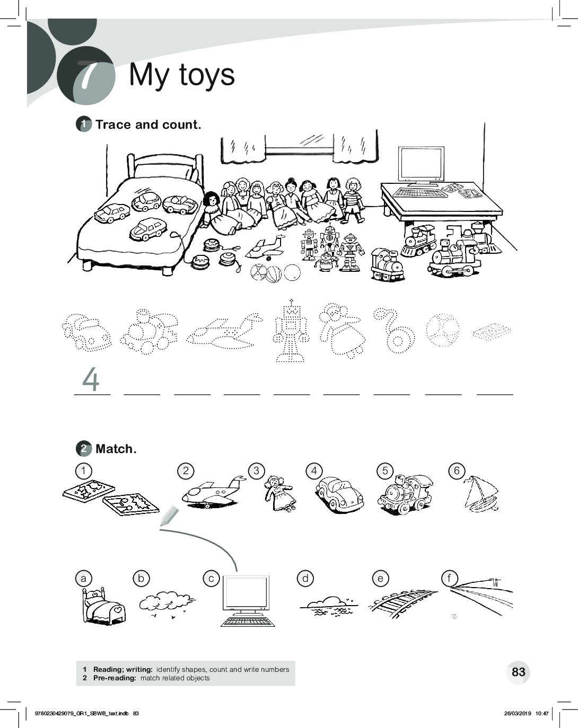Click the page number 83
[x=519, y=671]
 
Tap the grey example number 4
[x=91, y=379]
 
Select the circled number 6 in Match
[x=457, y=470]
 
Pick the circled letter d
[x=305, y=579]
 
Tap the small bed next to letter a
[x=103, y=606]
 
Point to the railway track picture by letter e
[x=402, y=604]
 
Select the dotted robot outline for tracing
[x=291, y=331]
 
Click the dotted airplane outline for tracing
[x=225, y=331]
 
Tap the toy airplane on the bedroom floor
[x=265, y=247]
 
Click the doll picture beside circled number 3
[x=279, y=494]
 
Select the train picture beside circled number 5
[x=405, y=494]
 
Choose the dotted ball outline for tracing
[x=443, y=330]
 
